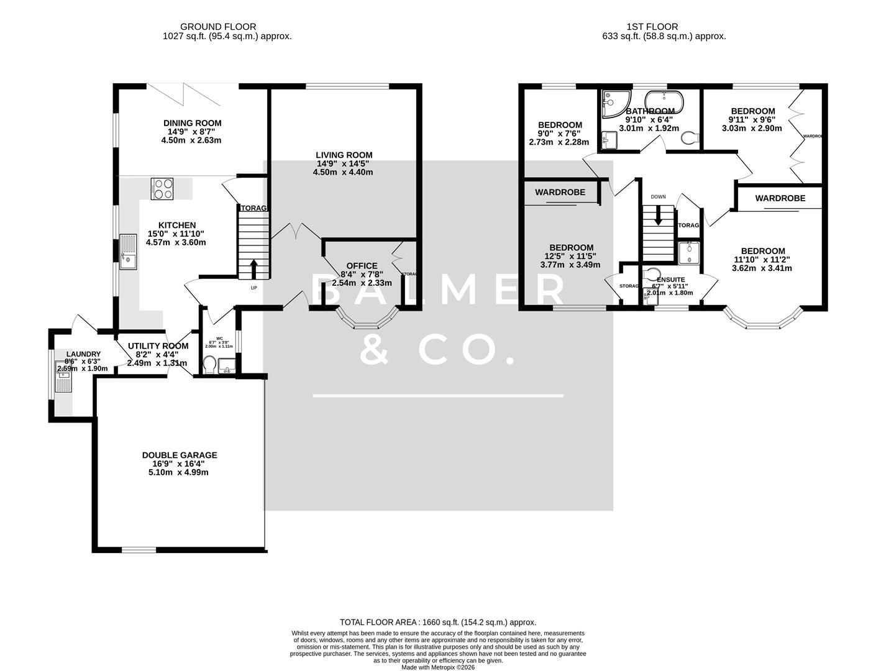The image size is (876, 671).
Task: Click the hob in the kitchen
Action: point(163,188)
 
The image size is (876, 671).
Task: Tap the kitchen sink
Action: point(128,253)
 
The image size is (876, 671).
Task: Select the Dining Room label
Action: point(192,123)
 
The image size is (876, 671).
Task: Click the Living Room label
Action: point(344,155)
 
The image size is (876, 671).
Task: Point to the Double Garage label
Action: point(180,455)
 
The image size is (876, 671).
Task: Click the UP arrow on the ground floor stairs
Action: point(253,270)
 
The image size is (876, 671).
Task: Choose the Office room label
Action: point(362,266)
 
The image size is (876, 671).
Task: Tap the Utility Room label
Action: point(158,346)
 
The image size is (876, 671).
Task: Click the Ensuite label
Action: point(670,280)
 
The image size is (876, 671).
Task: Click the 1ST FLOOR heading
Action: point(652,27)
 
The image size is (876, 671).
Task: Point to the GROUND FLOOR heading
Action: point(218,27)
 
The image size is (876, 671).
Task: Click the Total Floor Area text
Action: point(437,622)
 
